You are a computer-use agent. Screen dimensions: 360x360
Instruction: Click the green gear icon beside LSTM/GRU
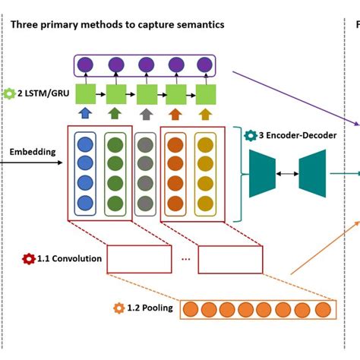pyautogui.click(x=9, y=94)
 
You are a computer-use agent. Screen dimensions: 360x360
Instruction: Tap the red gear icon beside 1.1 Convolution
pyautogui.click(x=29, y=259)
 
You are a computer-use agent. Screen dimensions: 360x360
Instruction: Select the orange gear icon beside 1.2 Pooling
pyautogui.click(x=118, y=308)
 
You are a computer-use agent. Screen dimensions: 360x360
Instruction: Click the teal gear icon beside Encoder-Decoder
pyautogui.click(x=250, y=135)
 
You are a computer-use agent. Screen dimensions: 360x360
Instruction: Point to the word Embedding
pyautogui.click(x=33, y=152)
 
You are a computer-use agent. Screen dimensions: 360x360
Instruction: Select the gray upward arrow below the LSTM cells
pyautogui.click(x=146, y=115)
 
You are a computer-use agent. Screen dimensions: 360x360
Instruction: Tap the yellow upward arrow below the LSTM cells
pyautogui.click(x=205, y=115)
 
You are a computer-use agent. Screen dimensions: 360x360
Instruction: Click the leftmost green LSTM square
pyautogui.click(x=86, y=94)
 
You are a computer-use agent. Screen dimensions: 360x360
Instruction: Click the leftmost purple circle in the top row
pyautogui.click(x=86, y=65)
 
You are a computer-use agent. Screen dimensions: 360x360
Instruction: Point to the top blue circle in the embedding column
pyautogui.click(x=85, y=144)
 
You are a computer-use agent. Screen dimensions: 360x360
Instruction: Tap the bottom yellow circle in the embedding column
pyautogui.click(x=205, y=203)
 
